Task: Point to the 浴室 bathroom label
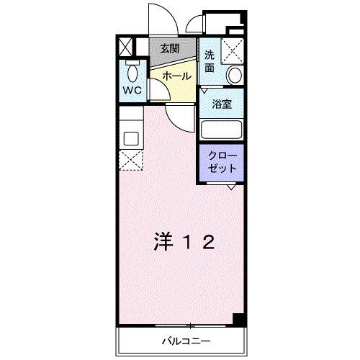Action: (x=222, y=104)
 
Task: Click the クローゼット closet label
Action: (x=222, y=162)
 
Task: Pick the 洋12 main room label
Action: (x=184, y=243)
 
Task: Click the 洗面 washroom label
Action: (x=210, y=61)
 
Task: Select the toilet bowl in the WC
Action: (x=132, y=72)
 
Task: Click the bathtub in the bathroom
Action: (x=222, y=130)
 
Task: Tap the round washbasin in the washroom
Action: (x=233, y=75)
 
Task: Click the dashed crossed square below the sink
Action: (x=132, y=161)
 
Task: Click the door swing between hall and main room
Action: (x=180, y=115)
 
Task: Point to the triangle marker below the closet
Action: (x=231, y=187)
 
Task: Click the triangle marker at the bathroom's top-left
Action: (x=204, y=91)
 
